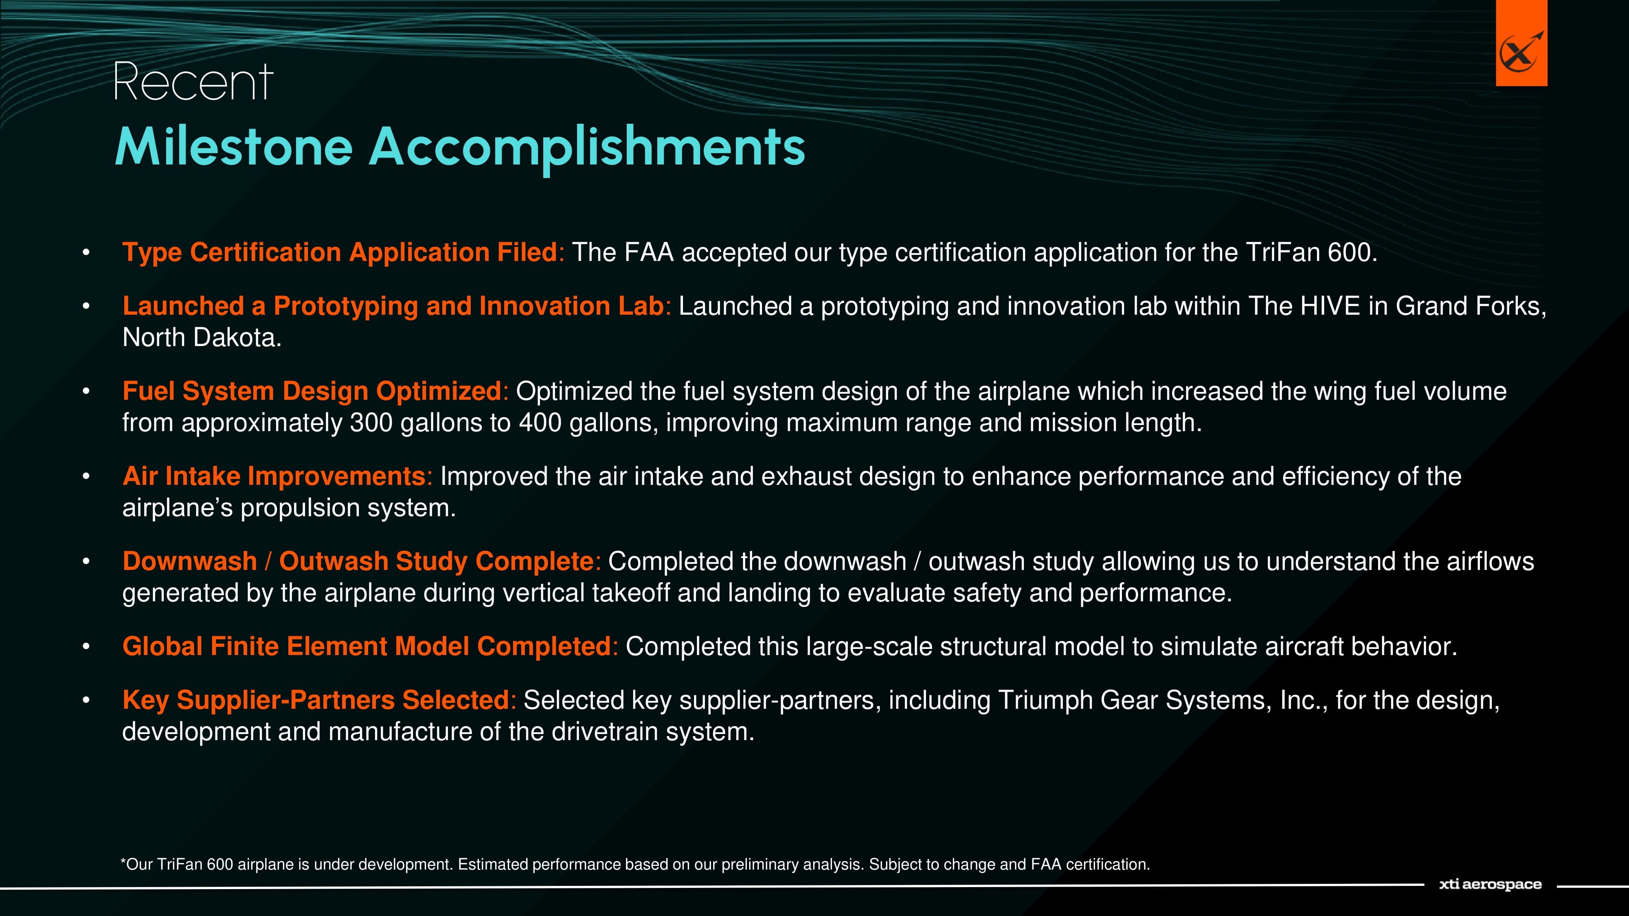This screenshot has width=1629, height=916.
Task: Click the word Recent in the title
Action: pyautogui.click(x=193, y=82)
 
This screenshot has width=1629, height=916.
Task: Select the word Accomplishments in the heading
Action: pyautogui.click(x=587, y=149)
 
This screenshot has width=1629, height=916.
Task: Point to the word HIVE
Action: pyautogui.click(x=1330, y=306)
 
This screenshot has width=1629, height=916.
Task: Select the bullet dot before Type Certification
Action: pyautogui.click(x=86, y=253)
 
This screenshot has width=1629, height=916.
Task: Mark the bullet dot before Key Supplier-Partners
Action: pyautogui.click(x=86, y=700)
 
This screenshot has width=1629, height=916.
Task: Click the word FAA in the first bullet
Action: pyautogui.click(x=649, y=252)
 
